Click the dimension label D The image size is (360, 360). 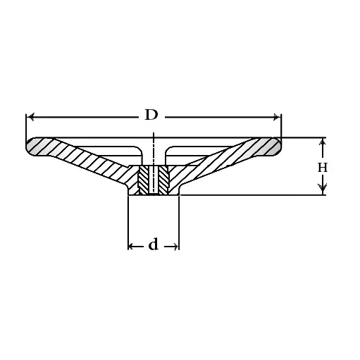151,115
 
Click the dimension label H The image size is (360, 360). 323,168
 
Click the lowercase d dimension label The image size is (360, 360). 154,244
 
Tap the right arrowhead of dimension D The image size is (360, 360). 277,117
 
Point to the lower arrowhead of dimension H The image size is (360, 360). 323,187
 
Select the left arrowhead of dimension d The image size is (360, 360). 131,247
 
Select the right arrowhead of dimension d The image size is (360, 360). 175,247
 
